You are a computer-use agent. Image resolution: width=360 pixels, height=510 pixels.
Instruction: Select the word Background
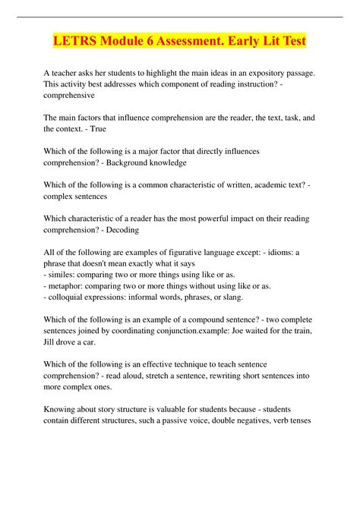coord(139,162)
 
